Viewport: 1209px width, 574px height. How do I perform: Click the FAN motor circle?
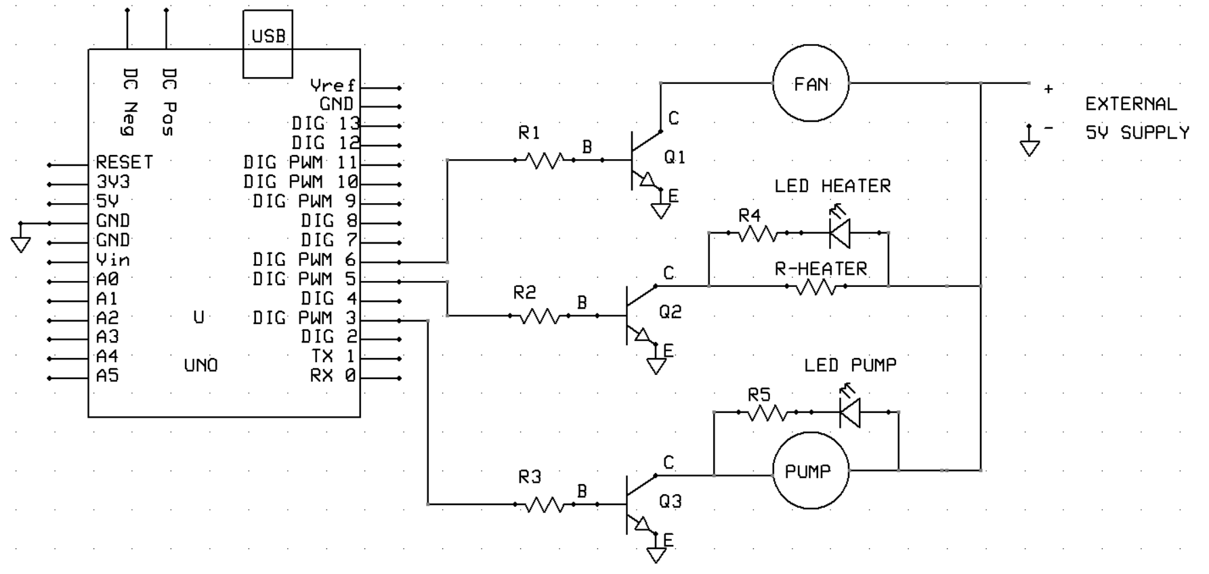[811, 83]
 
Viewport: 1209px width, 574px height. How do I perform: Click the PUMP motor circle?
[811, 471]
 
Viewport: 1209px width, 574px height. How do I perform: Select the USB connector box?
[268, 43]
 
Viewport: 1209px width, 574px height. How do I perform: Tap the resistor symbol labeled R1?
[545, 160]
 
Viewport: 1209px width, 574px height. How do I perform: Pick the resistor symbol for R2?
[540, 316]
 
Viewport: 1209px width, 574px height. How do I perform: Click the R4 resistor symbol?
[757, 234]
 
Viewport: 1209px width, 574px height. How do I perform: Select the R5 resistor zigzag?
[767, 412]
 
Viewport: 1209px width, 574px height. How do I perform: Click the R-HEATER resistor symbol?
[816, 287]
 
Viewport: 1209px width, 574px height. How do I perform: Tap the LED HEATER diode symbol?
[840, 233]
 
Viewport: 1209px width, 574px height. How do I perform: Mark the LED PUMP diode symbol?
[849, 412]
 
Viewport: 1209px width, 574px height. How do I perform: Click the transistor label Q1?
[675, 158]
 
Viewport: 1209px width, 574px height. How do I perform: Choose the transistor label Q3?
[670, 502]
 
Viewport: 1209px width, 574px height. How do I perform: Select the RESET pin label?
[124, 162]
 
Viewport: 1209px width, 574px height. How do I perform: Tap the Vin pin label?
[112, 260]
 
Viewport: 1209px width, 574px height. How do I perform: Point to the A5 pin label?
[107, 376]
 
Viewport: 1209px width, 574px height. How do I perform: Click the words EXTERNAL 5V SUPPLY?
[1137, 118]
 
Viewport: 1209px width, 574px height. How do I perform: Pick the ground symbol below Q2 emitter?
[656, 366]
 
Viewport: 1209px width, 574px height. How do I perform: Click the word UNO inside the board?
[201, 366]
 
